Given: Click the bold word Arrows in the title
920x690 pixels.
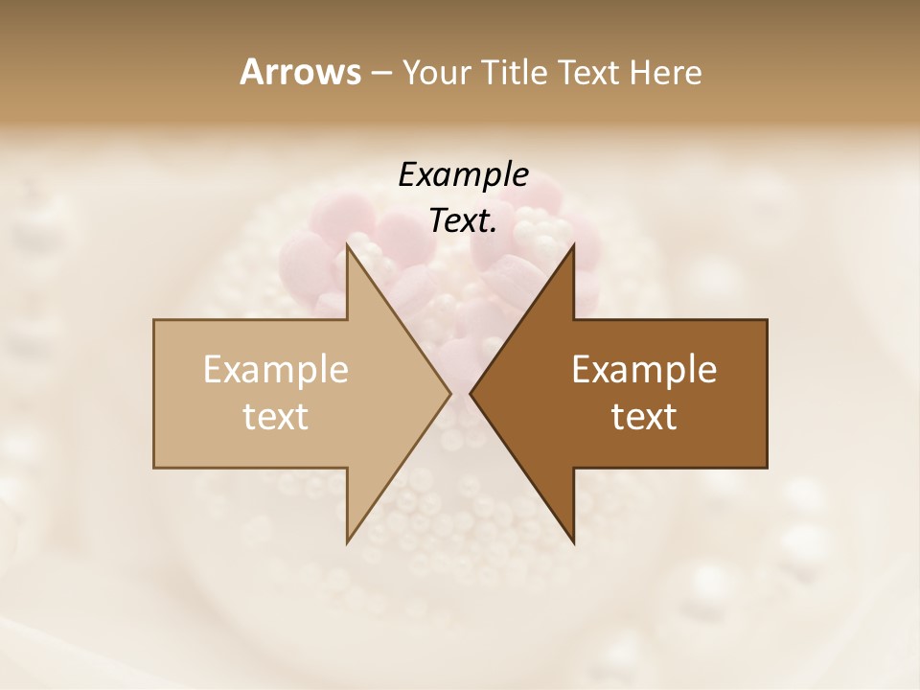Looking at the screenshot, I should (300, 72).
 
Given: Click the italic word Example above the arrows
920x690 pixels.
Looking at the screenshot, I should (463, 174).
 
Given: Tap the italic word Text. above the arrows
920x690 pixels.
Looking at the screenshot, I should (463, 221).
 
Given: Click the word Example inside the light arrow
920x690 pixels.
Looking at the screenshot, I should (276, 370).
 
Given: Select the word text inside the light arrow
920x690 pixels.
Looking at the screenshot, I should (276, 417).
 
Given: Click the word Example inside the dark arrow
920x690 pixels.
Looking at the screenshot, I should (644, 370).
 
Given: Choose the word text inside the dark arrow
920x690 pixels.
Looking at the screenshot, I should (644, 417).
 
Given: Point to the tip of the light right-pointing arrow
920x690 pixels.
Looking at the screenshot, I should (450, 393).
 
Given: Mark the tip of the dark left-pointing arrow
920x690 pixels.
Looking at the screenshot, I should (471, 393).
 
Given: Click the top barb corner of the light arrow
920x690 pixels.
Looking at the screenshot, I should (348, 245).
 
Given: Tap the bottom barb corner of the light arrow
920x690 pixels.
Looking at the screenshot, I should (348, 541).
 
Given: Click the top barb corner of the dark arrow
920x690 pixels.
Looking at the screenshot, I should (573, 245).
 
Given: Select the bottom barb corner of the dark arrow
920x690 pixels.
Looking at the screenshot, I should (573, 541).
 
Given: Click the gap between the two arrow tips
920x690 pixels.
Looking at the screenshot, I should (461, 393).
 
